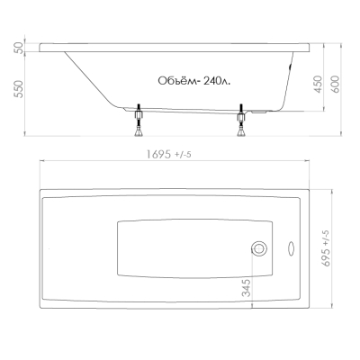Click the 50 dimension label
(x=19, y=48)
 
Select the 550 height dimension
(x=19, y=89)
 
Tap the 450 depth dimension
(x=318, y=84)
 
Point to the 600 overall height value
(x=335, y=84)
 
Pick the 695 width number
(x=326, y=256)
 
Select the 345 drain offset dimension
(x=246, y=288)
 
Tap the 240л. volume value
(x=217, y=81)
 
